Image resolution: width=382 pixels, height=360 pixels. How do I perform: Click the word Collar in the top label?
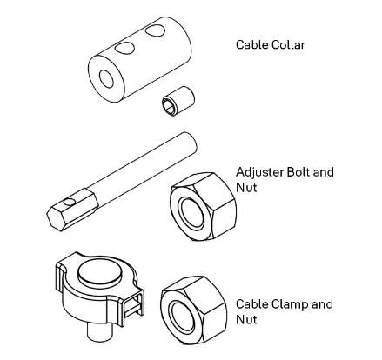coord(288,45)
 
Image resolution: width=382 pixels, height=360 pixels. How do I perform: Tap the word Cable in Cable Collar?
coord(252,45)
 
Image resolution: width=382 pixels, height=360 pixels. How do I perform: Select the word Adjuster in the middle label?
coord(259,172)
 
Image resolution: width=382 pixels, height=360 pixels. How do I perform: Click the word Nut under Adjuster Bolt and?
coord(246,188)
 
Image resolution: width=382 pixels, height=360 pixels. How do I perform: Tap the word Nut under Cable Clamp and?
coord(246,320)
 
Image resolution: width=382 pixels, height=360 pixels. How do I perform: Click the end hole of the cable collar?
coord(106,78)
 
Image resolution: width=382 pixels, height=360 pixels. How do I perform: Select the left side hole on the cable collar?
coord(124,48)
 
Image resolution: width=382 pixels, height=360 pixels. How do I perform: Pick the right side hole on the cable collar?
coord(155,30)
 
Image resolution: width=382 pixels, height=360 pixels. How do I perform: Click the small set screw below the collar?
coord(178,101)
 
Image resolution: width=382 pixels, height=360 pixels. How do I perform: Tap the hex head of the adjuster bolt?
coord(72,210)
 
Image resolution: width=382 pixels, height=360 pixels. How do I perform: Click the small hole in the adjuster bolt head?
coord(70,202)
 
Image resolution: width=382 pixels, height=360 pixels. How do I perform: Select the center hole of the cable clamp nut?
coord(183,316)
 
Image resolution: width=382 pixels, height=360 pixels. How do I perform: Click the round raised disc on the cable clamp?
coord(99,271)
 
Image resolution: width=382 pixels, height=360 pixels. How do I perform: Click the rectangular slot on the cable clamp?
coord(134,305)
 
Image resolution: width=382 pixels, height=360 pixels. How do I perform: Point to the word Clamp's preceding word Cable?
coord(252,304)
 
